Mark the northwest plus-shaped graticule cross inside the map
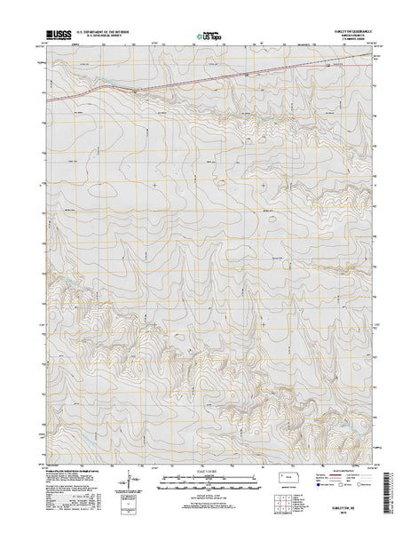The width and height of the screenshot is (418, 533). pyautogui.click(x=155, y=184)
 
